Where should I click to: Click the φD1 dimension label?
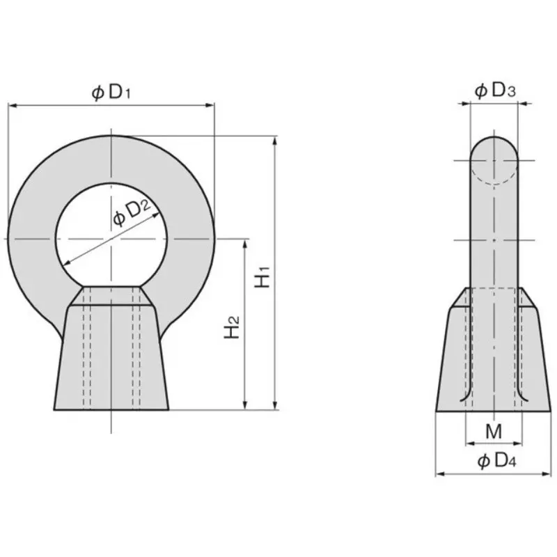[x=111, y=93]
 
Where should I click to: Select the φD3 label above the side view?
[x=494, y=91]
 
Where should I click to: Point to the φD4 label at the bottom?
[x=496, y=461]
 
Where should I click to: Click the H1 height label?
[x=263, y=276]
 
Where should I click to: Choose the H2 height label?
[x=232, y=327]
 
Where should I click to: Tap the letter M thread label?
[x=494, y=431]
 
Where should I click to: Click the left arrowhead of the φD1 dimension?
[x=12, y=105]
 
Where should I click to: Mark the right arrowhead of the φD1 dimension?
[x=210, y=105]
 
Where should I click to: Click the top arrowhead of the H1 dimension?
[x=274, y=141]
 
